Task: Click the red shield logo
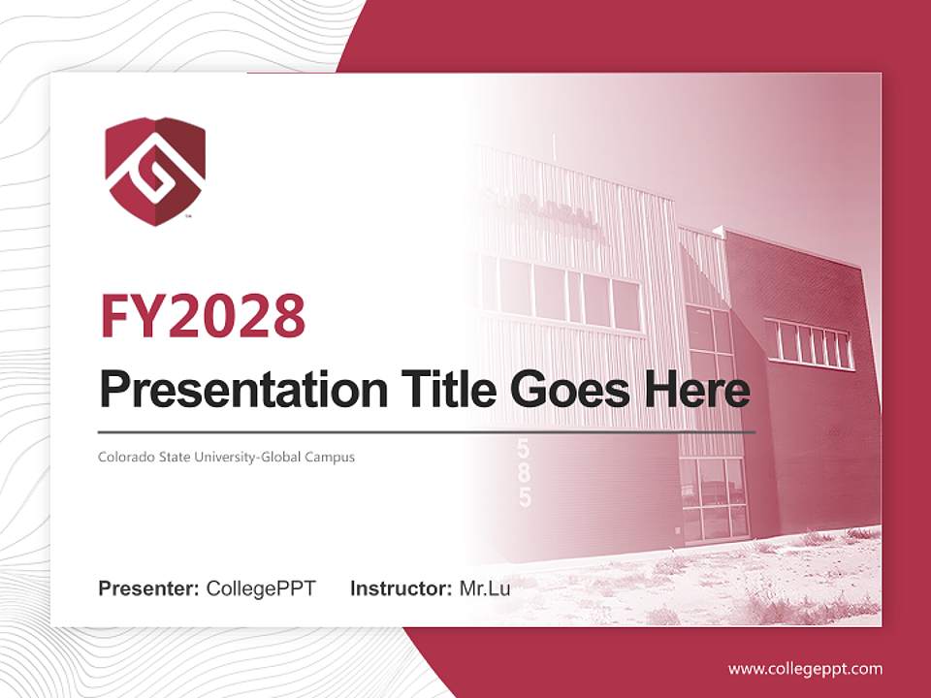click(155, 172)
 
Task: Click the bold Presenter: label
click(149, 588)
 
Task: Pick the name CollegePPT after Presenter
click(261, 588)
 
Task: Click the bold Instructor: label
click(401, 588)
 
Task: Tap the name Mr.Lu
click(485, 588)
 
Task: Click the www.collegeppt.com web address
click(805, 668)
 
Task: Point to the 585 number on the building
click(525, 473)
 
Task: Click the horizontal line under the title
click(427, 431)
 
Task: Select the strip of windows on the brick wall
click(808, 344)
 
